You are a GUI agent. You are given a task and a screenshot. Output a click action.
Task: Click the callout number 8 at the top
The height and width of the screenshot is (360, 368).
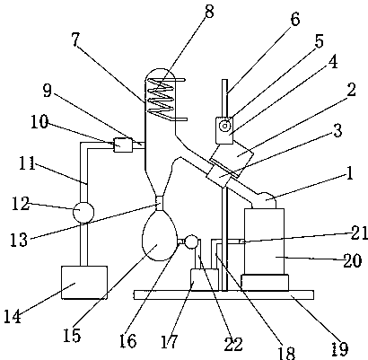[x=209, y=13]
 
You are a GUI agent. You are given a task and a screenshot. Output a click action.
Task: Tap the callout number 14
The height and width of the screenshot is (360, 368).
[x=13, y=317]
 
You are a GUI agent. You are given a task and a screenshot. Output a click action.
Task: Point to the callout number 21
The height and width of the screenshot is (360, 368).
[x=359, y=233]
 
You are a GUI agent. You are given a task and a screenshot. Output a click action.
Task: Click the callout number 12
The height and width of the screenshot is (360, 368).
[x=21, y=204]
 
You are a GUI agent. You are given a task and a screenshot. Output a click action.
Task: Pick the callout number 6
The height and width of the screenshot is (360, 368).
[x=294, y=20]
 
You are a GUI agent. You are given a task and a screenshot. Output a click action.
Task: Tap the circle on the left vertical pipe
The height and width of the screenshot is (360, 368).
[x=83, y=212]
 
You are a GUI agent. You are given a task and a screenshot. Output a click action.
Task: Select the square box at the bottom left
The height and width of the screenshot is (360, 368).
[x=84, y=282]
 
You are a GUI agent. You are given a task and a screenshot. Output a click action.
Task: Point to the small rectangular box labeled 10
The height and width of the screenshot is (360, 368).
[x=123, y=145]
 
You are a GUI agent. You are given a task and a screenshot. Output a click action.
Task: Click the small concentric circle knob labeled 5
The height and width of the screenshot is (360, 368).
[x=224, y=126]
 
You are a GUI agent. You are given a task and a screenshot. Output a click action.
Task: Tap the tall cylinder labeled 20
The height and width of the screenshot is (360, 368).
[x=264, y=241]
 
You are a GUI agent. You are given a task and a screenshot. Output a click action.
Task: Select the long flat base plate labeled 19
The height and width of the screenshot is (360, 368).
[x=223, y=294]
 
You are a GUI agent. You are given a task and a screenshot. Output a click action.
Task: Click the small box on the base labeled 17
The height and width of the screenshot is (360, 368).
[x=205, y=279]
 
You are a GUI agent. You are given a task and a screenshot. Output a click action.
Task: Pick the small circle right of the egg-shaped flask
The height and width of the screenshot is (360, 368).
[x=191, y=241]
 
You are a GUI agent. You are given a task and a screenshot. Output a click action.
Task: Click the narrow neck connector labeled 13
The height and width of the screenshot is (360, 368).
[x=160, y=203]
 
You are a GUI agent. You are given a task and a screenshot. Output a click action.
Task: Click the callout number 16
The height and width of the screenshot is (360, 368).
[x=127, y=341]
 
